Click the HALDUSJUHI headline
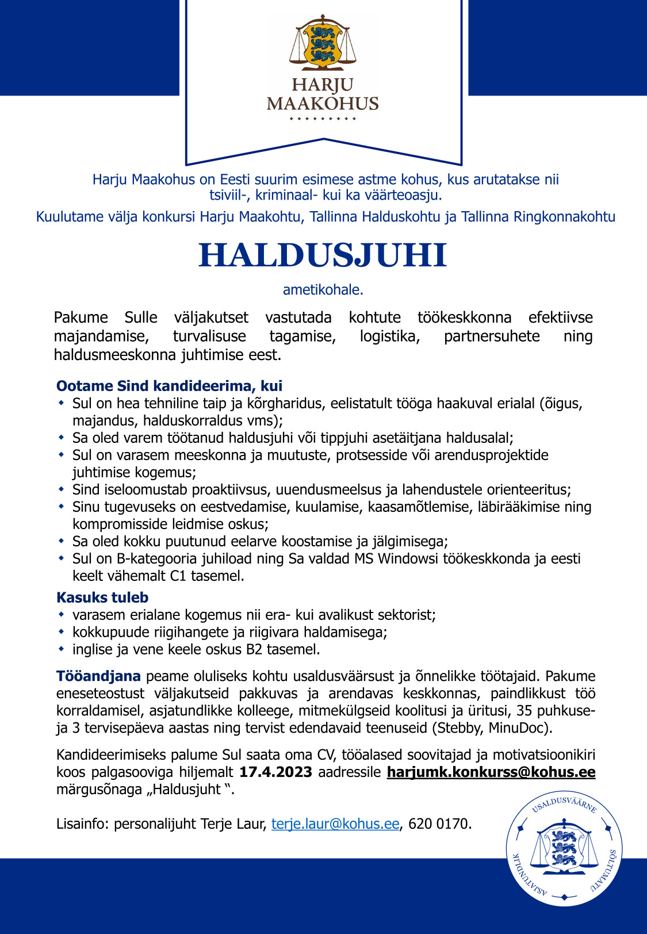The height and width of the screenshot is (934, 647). [x=323, y=255]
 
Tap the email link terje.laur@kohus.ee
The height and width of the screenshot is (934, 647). [x=335, y=824]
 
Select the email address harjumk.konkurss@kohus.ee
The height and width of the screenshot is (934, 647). [x=491, y=772]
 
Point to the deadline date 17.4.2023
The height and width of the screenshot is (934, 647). [x=275, y=772]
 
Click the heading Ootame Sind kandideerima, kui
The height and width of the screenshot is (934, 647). [x=169, y=385]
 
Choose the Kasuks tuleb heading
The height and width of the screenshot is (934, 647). [x=102, y=597]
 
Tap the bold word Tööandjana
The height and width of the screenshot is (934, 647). [x=98, y=676]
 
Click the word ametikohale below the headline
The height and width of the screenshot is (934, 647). [x=323, y=290]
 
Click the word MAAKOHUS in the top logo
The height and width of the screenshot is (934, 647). [x=323, y=104]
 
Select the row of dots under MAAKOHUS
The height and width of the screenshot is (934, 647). [x=323, y=119]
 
